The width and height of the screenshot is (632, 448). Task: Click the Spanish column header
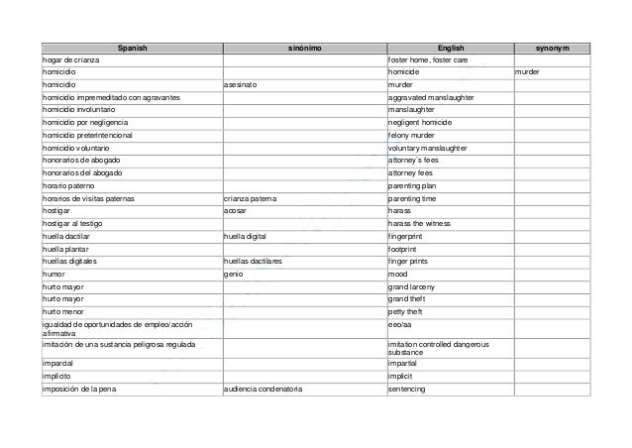pyautogui.click(x=130, y=49)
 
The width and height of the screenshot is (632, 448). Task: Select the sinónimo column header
pyautogui.click(x=303, y=49)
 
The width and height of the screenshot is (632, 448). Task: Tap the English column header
pyautogui.click(x=449, y=49)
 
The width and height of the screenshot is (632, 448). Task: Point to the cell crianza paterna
pyautogui.click(x=251, y=198)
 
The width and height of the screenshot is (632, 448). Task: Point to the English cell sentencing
pyautogui.click(x=407, y=389)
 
